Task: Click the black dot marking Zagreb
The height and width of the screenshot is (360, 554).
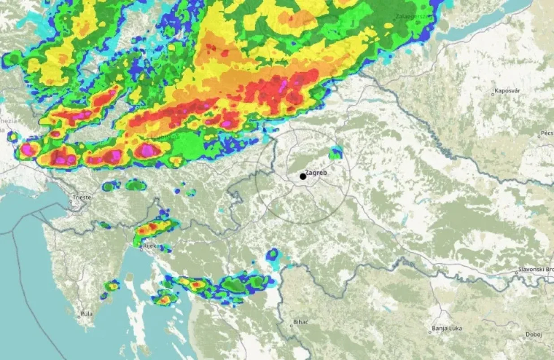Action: (303, 177)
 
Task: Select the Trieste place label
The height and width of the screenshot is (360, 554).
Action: (83, 197)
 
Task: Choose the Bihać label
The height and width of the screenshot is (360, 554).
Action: (300, 322)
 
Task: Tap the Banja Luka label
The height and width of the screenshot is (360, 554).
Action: (446, 329)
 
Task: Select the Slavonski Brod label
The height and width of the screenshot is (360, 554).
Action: (537, 269)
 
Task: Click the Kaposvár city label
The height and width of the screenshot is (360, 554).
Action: (507, 91)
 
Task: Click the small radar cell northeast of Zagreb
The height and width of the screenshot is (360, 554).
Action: (336, 153)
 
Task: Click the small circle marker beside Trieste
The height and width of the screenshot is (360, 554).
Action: (72, 202)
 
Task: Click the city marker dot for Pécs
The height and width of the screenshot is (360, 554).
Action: (539, 136)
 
